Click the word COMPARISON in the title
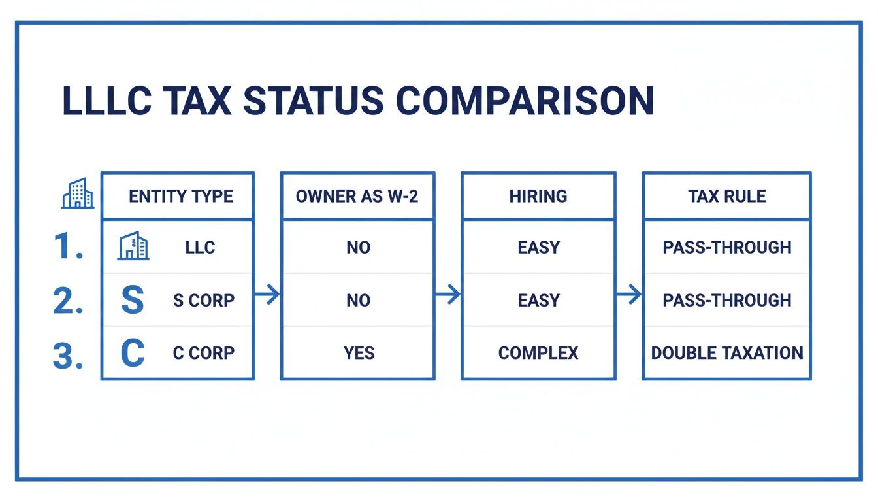point(525,101)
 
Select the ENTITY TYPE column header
point(181,196)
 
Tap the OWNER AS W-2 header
point(357,196)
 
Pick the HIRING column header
point(538,196)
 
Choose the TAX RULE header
point(726,196)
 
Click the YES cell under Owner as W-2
point(359,353)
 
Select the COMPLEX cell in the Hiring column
point(538,353)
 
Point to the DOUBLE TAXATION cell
point(726,353)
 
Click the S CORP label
point(203,301)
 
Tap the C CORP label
point(203,353)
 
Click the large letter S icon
point(133,300)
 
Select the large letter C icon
point(133,353)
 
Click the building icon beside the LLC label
point(133,247)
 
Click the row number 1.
point(67,248)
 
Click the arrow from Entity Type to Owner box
point(267,295)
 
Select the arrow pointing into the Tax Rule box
point(628,295)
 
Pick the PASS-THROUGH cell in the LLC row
point(726,248)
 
